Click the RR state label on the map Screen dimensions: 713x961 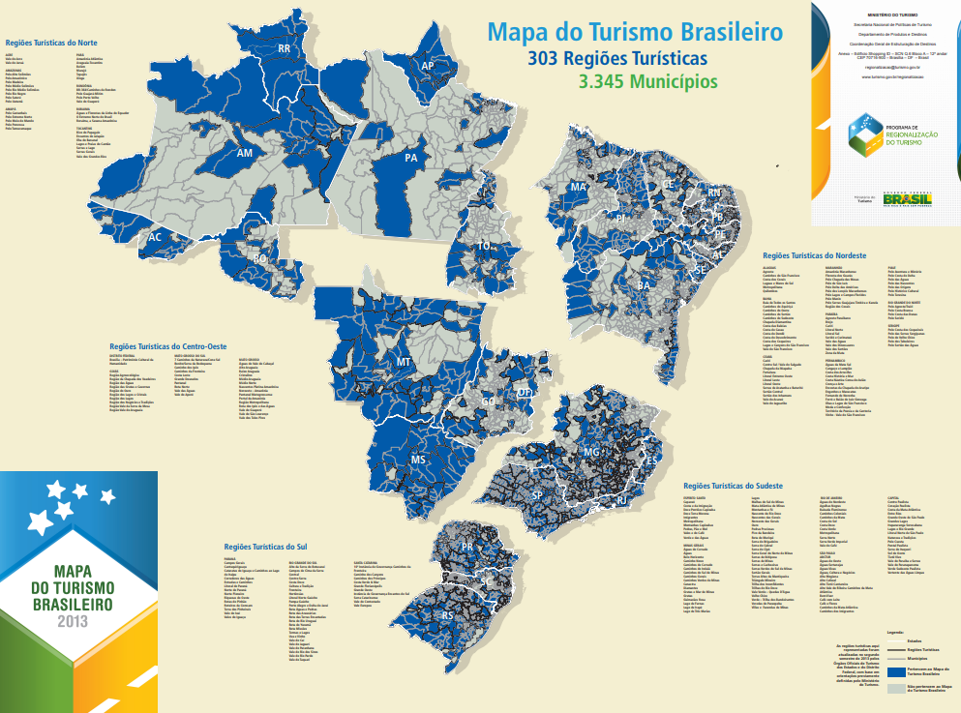tap(285, 48)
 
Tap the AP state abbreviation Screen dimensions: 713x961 tap(428, 66)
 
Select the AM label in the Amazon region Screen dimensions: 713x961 tap(245, 153)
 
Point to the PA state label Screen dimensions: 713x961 tap(411, 158)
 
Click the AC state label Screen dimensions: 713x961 tap(155, 237)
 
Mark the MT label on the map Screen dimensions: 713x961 tap(404, 362)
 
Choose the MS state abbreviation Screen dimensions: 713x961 tap(418, 460)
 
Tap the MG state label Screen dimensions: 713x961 tap(592, 452)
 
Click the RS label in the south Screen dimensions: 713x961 tap(447, 614)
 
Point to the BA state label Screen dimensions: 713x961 tap(644, 285)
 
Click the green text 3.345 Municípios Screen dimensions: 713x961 tap(642, 82)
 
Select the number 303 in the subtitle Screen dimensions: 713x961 tap(544, 59)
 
